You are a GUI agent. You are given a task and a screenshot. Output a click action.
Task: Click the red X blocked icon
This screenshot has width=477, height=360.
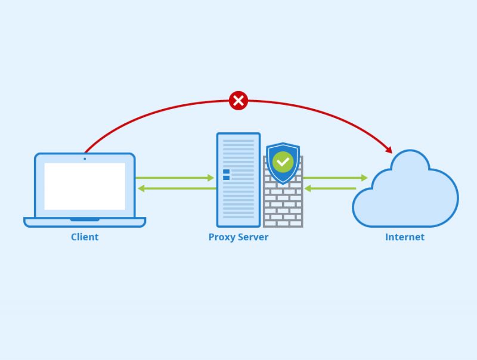pos(238,101)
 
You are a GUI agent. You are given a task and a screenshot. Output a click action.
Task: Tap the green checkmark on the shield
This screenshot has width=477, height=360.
pos(283,162)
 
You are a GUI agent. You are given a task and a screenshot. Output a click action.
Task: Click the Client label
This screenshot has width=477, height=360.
pos(85,237)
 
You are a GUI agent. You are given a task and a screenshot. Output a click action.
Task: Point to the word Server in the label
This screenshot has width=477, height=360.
pos(252,237)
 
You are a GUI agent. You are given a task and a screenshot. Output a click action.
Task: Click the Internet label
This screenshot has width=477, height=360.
pos(405,237)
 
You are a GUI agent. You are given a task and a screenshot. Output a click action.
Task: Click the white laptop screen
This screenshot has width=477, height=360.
pos(85,186)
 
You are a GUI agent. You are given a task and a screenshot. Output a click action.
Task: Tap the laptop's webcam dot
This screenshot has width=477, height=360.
pos(85,159)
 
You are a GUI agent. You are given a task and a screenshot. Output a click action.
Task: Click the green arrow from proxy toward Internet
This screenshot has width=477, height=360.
pos(334,178)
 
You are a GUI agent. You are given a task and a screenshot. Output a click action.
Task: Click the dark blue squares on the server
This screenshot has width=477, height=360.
pos(226,175)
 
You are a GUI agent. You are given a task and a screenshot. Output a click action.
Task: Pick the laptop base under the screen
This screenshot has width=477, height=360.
pos(85,222)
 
